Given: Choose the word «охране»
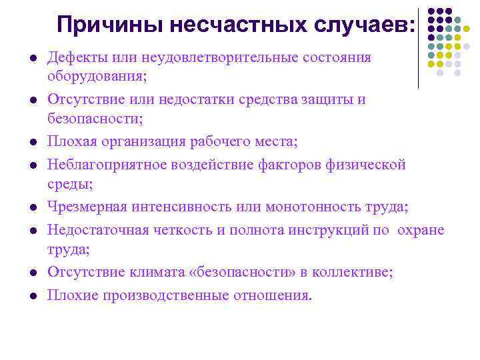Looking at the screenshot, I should tap(421, 231).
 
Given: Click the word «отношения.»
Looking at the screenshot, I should tap(271, 295).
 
